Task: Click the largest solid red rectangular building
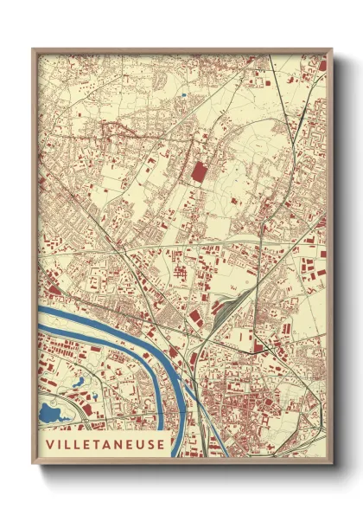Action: click(198, 171)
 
